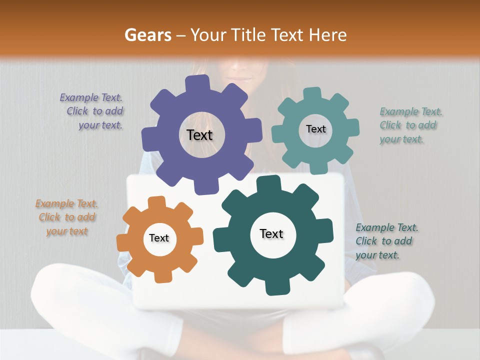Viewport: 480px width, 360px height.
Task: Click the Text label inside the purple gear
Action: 199,135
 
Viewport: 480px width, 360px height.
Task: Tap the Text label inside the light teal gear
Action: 315,129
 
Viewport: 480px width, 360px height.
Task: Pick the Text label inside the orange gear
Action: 159,238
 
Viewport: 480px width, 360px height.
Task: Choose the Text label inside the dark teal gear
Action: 271,233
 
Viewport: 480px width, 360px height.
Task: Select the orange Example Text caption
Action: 67,217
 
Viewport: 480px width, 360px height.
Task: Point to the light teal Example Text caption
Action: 408,125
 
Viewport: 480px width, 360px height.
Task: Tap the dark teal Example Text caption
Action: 385,241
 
